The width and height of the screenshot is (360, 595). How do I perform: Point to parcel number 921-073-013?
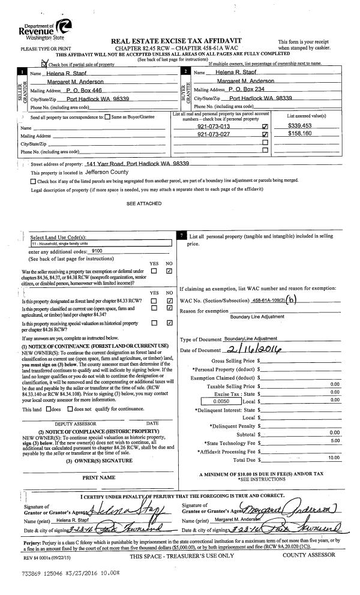click(x=215, y=127)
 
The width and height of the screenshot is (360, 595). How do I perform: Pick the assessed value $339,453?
click(x=299, y=127)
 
